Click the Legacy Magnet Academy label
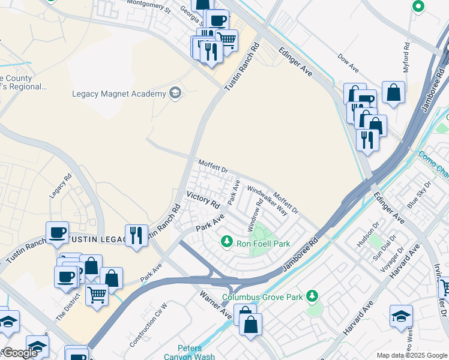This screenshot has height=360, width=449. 118,94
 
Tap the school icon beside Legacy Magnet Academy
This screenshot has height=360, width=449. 175,93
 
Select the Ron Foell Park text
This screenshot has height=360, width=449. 264,244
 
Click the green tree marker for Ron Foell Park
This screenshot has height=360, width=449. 227,242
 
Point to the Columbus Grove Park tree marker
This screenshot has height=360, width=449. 312,296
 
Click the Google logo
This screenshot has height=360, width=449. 19,353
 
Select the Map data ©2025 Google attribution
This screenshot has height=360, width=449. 411,355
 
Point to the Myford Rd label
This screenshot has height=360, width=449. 406,54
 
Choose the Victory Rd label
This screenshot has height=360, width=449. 203,200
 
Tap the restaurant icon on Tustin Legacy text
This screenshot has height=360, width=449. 136,235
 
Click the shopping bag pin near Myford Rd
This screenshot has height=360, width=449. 393,93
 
